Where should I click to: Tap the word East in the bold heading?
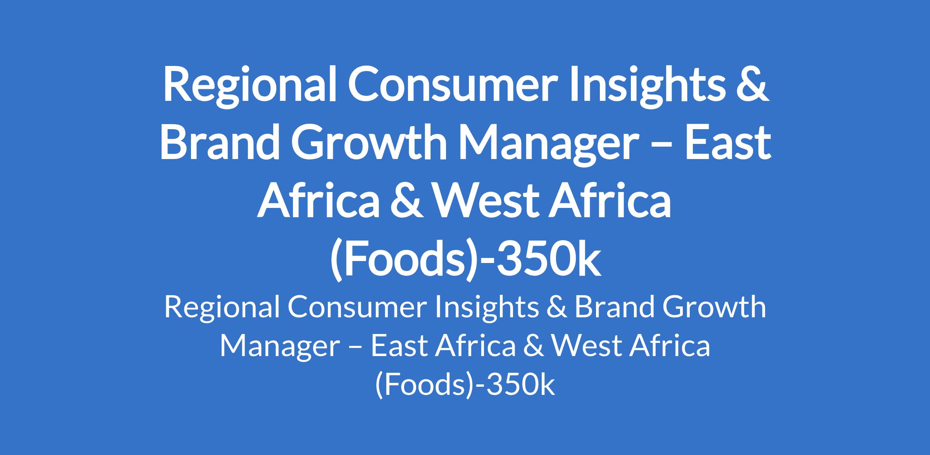point(727,141)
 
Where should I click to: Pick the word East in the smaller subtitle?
point(399,346)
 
